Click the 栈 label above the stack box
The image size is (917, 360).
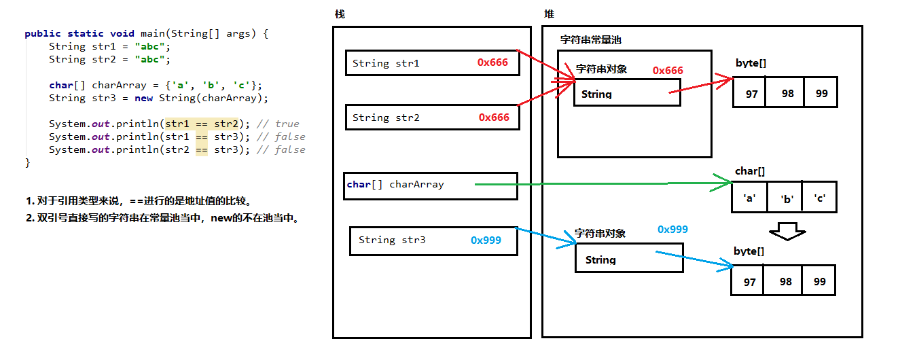[x=340, y=14]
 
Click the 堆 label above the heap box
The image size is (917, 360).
[x=549, y=14]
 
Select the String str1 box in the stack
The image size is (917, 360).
[x=431, y=63]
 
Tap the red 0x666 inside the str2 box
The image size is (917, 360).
[x=494, y=118]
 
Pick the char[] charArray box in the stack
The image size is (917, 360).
[x=430, y=185]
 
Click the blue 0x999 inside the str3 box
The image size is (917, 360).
[x=486, y=240]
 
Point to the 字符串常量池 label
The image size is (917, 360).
[x=590, y=40]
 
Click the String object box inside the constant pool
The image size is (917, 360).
[x=627, y=92]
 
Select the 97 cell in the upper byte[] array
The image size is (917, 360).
[x=751, y=93]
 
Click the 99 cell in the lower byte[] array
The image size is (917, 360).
[x=819, y=281]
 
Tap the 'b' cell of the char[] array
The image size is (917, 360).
[x=787, y=199]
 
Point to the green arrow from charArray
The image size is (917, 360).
[x=598, y=183]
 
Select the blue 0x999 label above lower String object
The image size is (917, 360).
[x=672, y=230]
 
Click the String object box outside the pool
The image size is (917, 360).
[x=629, y=259]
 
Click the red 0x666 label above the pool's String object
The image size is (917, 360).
[x=668, y=71]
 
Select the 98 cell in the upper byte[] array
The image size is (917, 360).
[x=787, y=93]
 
